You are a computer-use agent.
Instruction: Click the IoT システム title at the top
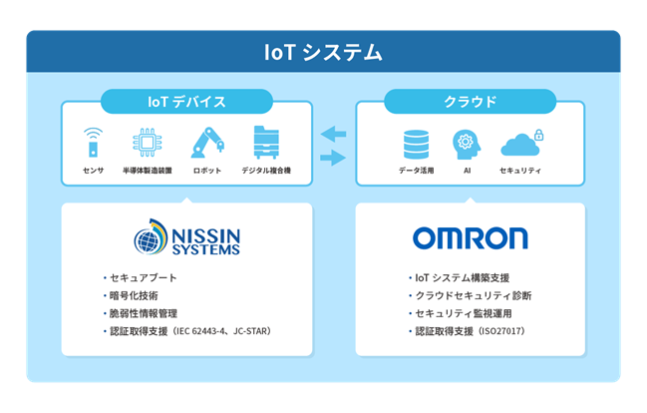click(323, 52)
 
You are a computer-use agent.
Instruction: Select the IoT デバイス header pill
click(186, 102)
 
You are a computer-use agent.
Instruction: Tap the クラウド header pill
click(470, 102)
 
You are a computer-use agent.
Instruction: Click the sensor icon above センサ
click(93, 143)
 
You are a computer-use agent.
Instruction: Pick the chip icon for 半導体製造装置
click(147, 143)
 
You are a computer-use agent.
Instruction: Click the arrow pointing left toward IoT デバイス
click(332, 134)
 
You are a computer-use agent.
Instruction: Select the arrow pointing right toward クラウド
click(332, 157)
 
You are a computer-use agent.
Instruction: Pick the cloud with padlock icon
click(521, 144)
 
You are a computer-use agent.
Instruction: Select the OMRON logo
click(470, 237)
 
